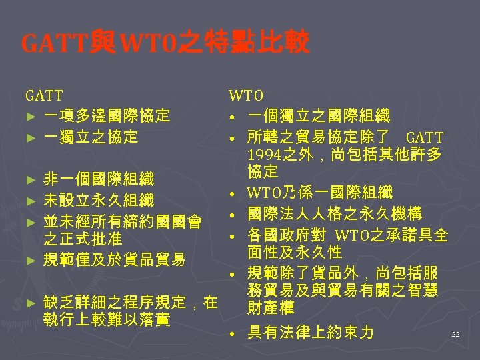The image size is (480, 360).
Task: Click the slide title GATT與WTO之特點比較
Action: (x=165, y=44)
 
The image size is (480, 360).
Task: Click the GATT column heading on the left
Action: (x=44, y=96)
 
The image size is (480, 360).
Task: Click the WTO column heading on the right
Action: (x=246, y=96)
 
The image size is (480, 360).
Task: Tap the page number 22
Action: (x=455, y=333)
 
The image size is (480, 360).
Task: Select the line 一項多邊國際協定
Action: (x=107, y=116)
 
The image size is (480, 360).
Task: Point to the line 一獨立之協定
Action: (x=91, y=137)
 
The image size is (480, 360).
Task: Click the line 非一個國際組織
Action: (x=99, y=179)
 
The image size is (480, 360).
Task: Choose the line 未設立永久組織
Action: (x=99, y=199)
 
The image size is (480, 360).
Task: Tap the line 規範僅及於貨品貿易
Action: (x=114, y=259)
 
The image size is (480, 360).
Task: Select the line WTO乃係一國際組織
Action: (x=319, y=193)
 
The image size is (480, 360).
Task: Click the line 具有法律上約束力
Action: (x=310, y=332)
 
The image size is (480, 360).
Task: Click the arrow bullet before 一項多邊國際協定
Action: (x=28, y=117)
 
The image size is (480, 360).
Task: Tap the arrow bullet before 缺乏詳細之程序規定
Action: (x=28, y=303)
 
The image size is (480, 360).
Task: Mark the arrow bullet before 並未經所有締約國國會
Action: (x=28, y=221)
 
